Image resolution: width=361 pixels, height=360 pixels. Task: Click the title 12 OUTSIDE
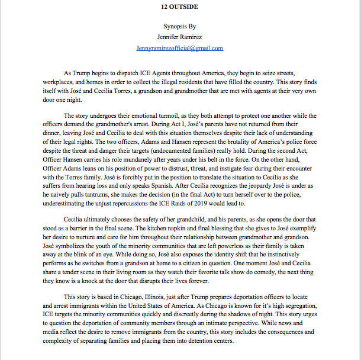pos(179,7)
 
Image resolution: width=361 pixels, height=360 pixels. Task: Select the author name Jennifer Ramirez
pos(179,37)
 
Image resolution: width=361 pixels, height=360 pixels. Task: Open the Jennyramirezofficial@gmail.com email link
pos(179,48)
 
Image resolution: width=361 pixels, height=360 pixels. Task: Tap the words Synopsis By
pos(179,27)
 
